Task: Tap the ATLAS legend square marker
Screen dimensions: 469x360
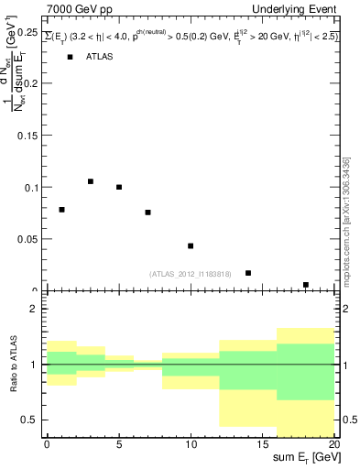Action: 71,57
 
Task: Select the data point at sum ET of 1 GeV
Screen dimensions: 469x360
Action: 61,210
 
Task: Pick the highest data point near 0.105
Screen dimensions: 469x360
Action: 91,181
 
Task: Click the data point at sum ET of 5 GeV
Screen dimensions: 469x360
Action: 119,187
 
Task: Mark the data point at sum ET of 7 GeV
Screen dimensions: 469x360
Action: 147,213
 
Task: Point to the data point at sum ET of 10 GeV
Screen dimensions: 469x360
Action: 191,245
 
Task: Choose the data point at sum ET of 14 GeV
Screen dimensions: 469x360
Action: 248,273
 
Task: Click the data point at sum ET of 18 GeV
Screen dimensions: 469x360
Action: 306,285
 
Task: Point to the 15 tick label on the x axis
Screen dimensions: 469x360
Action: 262,444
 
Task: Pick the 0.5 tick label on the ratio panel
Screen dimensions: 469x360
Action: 31,420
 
